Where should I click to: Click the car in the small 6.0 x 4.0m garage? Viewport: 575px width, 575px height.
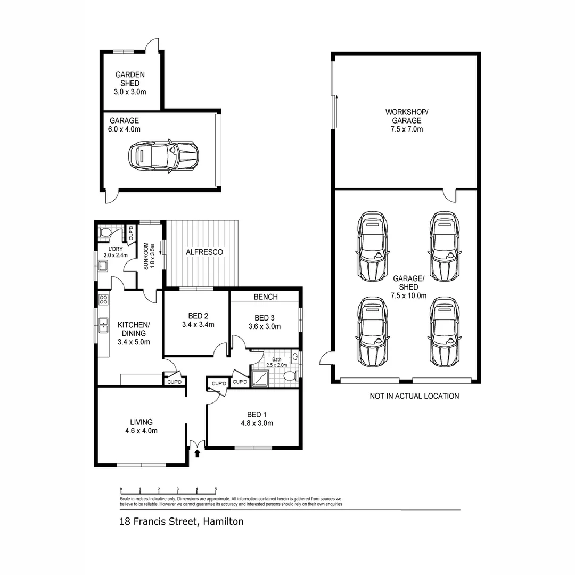162,156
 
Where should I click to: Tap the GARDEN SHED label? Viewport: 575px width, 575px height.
130,79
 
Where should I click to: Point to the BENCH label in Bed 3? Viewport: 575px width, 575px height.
266,297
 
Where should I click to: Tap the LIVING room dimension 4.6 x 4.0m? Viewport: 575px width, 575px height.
141,431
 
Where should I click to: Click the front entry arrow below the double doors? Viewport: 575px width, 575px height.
198,454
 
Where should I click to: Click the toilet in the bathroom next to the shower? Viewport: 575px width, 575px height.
290,376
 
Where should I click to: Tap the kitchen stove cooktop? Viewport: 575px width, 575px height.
103,300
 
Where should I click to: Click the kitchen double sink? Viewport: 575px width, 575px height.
103,324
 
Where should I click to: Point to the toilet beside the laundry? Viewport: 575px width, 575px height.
105,232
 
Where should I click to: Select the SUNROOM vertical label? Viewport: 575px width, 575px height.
146,256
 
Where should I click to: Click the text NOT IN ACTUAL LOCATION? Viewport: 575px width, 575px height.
414,396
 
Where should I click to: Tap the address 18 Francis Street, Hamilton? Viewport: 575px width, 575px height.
181,522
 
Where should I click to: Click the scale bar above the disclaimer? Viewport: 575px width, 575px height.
168,488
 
